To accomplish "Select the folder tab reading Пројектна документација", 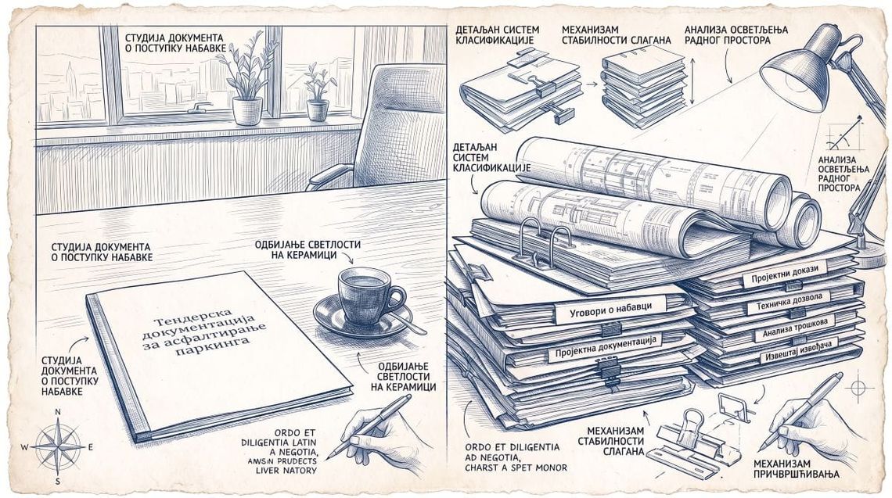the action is (x=606, y=346).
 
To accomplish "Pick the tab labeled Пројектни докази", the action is (x=785, y=274).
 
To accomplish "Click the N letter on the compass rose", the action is (x=57, y=411).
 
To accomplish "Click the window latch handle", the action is (x=200, y=107).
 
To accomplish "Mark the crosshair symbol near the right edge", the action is (x=859, y=389).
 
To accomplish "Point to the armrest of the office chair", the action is (x=330, y=174).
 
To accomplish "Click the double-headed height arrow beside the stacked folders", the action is (x=692, y=83).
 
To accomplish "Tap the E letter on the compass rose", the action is (x=91, y=447).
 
